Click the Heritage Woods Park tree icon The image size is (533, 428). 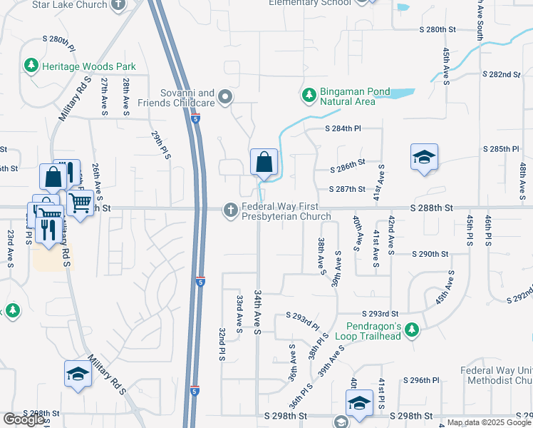tap(31, 66)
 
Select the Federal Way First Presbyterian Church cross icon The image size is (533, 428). tap(230, 210)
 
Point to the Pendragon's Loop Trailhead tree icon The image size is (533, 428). tap(411, 330)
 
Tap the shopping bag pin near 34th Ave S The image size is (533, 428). tap(264, 163)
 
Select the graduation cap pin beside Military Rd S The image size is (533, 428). tap(78, 373)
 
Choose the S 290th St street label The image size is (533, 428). tap(430, 254)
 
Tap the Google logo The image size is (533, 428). tap(24, 419)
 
